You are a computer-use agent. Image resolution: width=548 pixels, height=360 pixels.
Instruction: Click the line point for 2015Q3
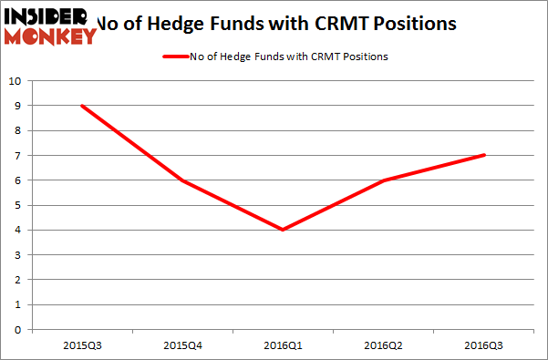(83, 106)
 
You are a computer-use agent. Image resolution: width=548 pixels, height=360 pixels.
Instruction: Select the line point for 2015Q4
(183, 180)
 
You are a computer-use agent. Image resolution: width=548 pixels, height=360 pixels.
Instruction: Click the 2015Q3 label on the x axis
(83, 346)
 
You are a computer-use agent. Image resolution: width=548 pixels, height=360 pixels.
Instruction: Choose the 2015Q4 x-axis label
(183, 346)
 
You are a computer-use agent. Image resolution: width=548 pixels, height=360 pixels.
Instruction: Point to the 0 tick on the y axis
(17, 329)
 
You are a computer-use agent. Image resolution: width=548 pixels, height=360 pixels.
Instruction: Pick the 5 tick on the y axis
(17, 205)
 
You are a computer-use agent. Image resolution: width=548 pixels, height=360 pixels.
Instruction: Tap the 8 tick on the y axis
(17, 130)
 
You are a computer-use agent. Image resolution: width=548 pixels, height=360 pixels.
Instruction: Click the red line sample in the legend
(172, 57)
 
